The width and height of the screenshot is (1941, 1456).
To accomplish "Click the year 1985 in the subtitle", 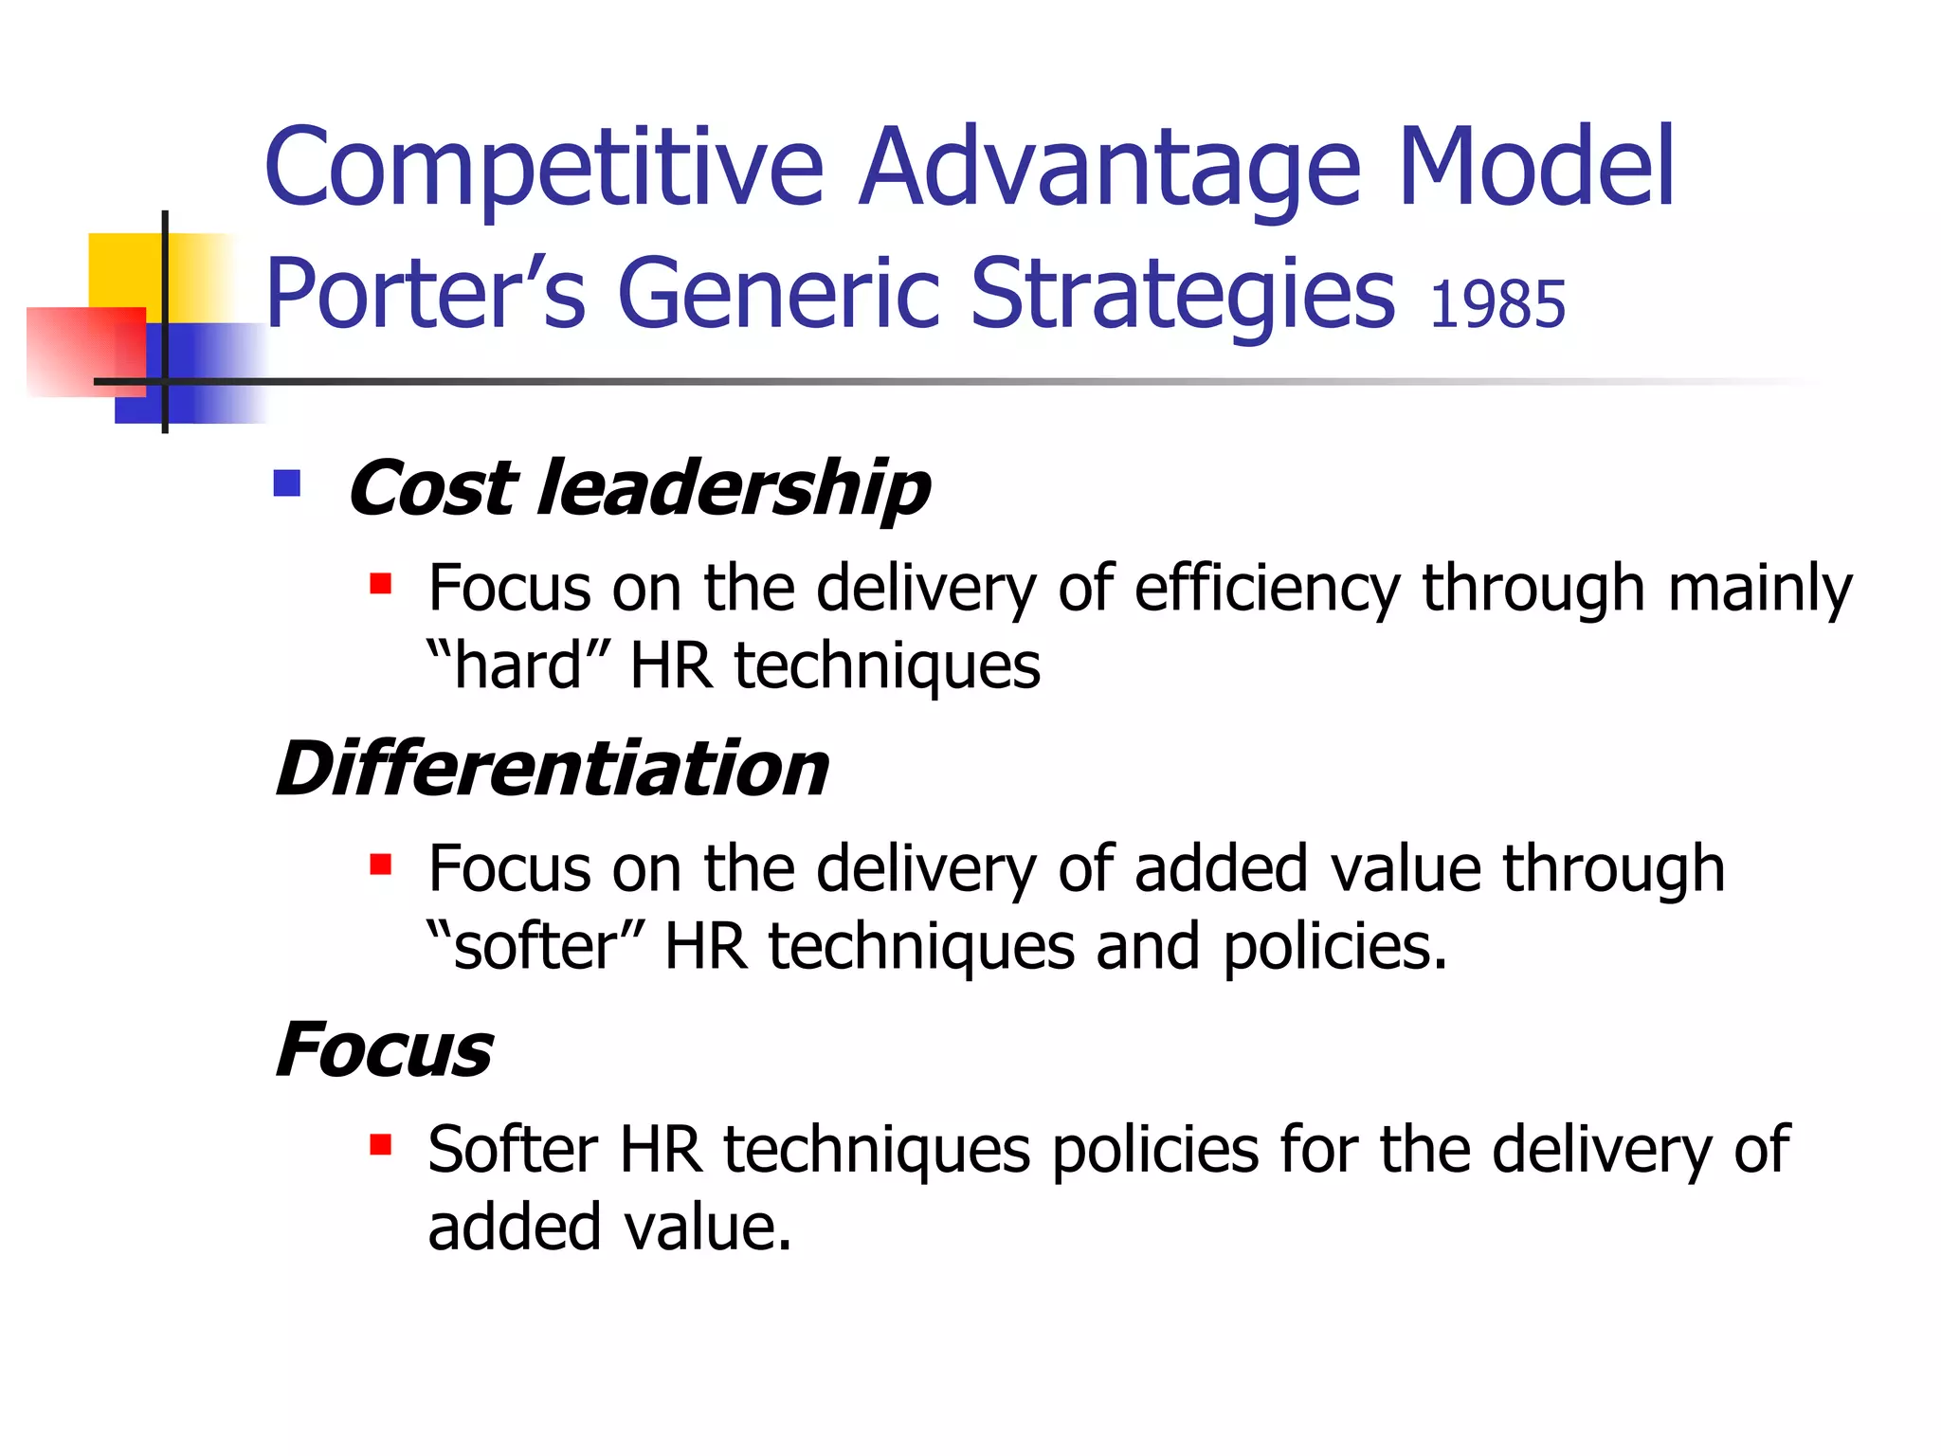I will pos(1497,305).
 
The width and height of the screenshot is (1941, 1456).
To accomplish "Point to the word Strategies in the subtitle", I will pos(1183,296).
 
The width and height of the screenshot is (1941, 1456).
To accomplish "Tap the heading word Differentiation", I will pos(553,769).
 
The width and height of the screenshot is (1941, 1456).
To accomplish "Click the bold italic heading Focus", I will pos(384,1050).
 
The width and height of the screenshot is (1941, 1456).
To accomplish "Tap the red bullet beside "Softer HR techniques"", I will pos(381,1145).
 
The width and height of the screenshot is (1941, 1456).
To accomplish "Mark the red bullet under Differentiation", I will pos(381,864).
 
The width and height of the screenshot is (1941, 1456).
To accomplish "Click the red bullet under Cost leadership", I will pos(381,583).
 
